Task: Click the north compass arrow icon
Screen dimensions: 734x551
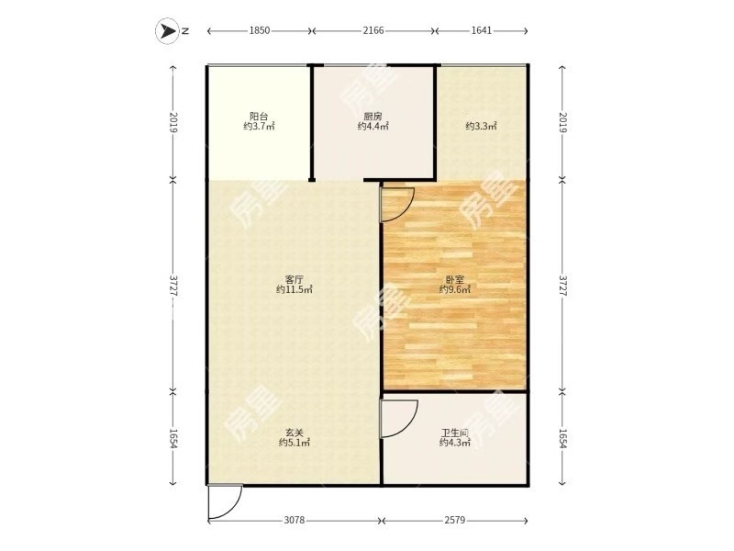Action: click(167, 31)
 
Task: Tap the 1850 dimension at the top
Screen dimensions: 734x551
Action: click(260, 30)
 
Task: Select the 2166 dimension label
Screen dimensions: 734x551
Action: click(373, 30)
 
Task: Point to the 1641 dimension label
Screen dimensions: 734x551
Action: click(481, 30)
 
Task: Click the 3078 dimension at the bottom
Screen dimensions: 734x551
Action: click(295, 520)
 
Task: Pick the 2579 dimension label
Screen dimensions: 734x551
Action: click(454, 520)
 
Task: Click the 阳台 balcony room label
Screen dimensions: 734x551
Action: click(259, 116)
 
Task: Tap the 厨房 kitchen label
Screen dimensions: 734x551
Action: click(373, 116)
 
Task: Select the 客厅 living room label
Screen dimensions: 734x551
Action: click(294, 279)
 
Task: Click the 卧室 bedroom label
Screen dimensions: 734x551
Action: click(454, 279)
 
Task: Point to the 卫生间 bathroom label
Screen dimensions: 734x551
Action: click(454, 433)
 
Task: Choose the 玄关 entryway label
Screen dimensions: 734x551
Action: click(295, 433)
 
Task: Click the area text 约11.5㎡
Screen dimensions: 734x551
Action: click(294, 289)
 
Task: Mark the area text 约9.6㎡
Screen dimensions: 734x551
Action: click(454, 289)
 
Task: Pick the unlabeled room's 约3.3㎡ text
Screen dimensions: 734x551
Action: click(481, 126)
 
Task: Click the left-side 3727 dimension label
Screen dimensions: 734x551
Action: click(173, 285)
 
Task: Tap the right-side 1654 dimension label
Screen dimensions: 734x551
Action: click(563, 439)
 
